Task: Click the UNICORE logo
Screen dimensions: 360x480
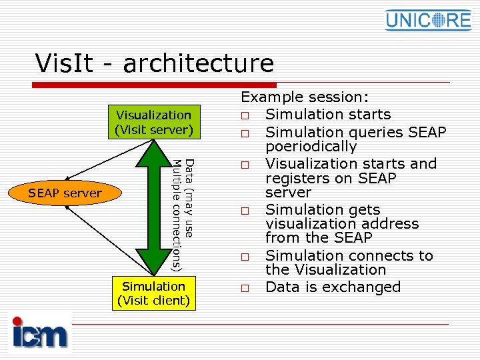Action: tap(428, 20)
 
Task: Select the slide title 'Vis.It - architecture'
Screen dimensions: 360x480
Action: tap(155, 63)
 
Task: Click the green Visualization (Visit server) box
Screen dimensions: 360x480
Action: tap(154, 123)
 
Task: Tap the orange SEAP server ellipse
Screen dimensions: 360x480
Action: tap(65, 193)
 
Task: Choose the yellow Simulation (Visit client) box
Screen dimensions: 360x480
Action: tap(154, 293)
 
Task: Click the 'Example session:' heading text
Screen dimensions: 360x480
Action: tap(305, 97)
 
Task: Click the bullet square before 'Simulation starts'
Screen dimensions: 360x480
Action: tap(246, 116)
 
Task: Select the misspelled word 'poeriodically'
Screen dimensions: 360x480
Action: tap(311, 146)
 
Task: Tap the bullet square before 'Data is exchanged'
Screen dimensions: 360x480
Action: tap(246, 289)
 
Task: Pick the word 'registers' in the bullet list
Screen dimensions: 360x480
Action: tap(297, 179)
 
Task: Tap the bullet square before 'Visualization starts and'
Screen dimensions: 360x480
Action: tap(246, 165)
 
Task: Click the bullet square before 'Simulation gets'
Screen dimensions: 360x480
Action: tap(246, 211)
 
